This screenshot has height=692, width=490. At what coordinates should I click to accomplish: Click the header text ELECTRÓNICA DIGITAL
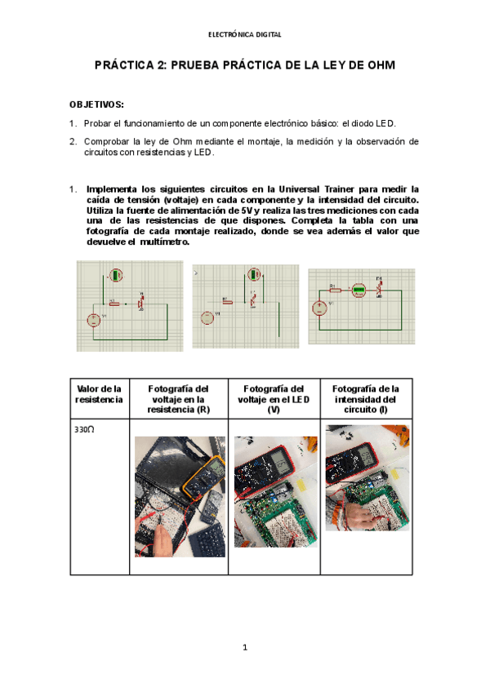point(245,35)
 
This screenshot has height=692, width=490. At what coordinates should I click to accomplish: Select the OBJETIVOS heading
point(96,105)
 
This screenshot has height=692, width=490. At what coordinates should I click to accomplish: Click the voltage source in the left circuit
point(94,320)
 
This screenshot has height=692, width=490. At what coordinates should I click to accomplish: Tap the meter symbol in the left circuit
point(117,275)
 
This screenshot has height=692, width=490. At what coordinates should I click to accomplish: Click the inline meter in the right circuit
point(358,290)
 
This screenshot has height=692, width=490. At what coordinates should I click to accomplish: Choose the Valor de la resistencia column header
point(98,394)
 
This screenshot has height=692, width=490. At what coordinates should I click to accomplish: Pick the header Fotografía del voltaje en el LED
point(274,399)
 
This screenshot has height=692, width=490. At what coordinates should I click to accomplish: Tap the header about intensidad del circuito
point(367,399)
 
